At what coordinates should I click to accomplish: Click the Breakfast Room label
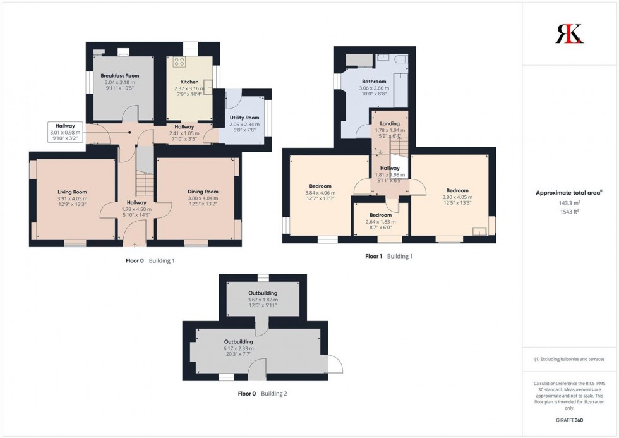point(120,75)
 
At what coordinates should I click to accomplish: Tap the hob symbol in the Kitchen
point(179,62)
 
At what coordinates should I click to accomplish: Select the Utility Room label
point(244,118)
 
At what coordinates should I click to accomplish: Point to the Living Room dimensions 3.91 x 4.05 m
point(71,199)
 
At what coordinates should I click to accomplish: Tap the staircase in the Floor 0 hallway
point(145,183)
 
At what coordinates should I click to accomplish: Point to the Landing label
point(388,123)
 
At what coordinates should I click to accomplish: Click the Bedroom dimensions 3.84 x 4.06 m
point(320,193)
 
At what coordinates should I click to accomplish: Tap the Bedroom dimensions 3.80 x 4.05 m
point(457,197)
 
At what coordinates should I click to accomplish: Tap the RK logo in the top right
point(569,33)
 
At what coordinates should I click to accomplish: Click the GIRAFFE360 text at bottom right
point(570,420)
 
